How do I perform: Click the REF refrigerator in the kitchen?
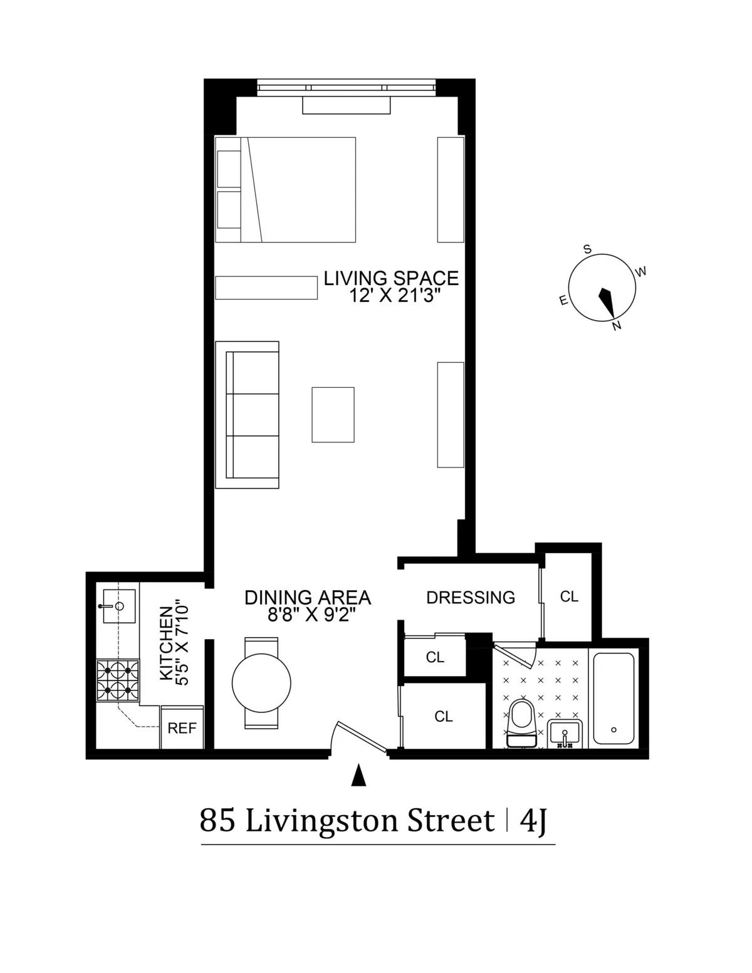pyautogui.click(x=182, y=728)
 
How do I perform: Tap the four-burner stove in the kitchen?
pyautogui.click(x=118, y=680)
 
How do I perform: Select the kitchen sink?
pyautogui.click(x=117, y=606)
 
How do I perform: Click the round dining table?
pyautogui.click(x=261, y=683)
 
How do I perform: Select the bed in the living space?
pyautogui.click(x=286, y=189)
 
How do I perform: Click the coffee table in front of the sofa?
pyautogui.click(x=333, y=415)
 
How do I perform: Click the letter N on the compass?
pyautogui.click(x=617, y=326)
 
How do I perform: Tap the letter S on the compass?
pyautogui.click(x=587, y=249)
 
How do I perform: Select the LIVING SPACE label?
pyautogui.click(x=391, y=278)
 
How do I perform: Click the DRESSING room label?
pyautogui.click(x=471, y=597)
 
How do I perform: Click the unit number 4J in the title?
pyautogui.click(x=533, y=821)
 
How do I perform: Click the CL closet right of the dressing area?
pyautogui.click(x=569, y=596)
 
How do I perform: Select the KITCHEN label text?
pyautogui.click(x=166, y=642)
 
